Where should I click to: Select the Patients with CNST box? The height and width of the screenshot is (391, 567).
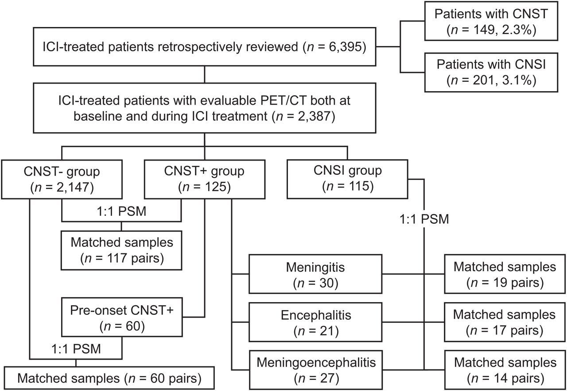(491, 21)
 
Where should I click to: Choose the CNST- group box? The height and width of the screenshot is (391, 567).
(62, 179)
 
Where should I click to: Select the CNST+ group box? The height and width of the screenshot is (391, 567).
(205, 179)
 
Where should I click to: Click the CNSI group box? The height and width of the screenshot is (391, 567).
(347, 179)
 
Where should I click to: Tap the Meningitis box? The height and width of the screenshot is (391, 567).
(315, 274)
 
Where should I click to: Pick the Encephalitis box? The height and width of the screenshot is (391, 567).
(315, 322)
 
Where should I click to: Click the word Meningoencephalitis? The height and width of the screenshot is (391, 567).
(316, 362)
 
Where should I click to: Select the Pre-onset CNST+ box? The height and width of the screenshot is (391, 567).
(122, 317)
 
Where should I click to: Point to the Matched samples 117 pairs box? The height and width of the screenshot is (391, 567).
(121, 250)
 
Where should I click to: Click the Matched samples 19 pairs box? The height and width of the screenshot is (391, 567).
(505, 274)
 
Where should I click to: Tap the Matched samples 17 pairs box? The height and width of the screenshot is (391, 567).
(505, 322)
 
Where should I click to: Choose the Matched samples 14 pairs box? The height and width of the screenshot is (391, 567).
(505, 370)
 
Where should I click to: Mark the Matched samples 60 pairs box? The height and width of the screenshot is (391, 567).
(109, 378)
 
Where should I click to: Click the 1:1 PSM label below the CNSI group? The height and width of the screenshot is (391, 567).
(424, 219)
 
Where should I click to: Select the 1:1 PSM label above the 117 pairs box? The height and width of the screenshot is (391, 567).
(121, 211)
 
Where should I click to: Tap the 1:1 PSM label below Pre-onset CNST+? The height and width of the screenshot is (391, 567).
(76, 349)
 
